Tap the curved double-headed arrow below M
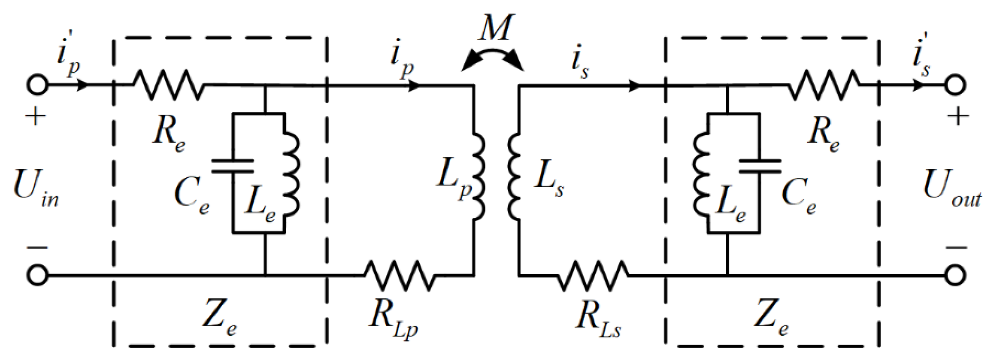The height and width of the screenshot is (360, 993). tap(492, 56)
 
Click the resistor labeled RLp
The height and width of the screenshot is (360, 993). tap(399, 276)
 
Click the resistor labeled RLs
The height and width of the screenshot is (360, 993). tap(593, 276)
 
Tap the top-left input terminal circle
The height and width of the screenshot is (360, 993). tap(37, 85)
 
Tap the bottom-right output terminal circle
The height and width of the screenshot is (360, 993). tap(955, 276)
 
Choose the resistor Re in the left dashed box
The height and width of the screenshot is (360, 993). tap(169, 85)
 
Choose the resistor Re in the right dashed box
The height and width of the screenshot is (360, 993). tap(824, 85)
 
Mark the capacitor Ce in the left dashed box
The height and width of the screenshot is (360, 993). tap(232, 166)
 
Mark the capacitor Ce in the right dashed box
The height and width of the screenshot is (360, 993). tap(760, 166)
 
